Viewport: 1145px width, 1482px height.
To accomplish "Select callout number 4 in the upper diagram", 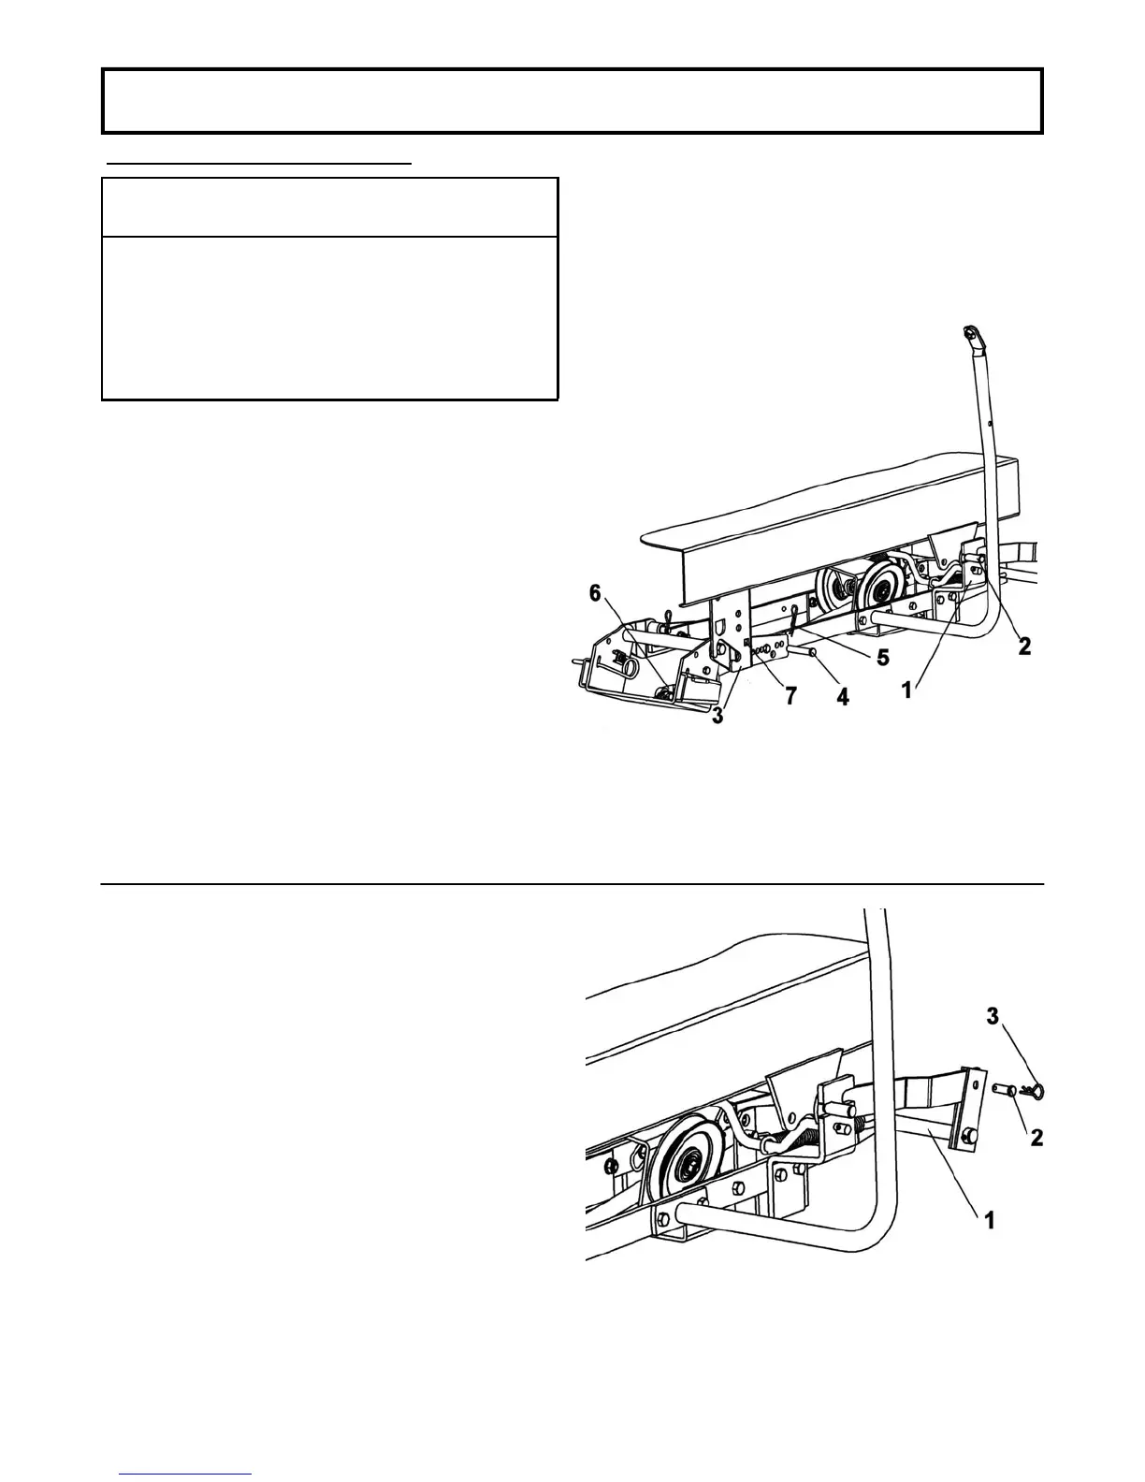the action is [842, 696].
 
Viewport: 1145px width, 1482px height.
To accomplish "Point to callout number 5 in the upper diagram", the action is [882, 658].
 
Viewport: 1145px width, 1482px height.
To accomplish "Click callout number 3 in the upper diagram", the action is [717, 719].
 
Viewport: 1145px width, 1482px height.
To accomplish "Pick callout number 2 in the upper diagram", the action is [1024, 646].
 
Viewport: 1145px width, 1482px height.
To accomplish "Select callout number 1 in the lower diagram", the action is [989, 1220].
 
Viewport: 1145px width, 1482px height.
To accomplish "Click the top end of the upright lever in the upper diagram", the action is [970, 334].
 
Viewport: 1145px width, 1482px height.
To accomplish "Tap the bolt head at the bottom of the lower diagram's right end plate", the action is [967, 1136].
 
